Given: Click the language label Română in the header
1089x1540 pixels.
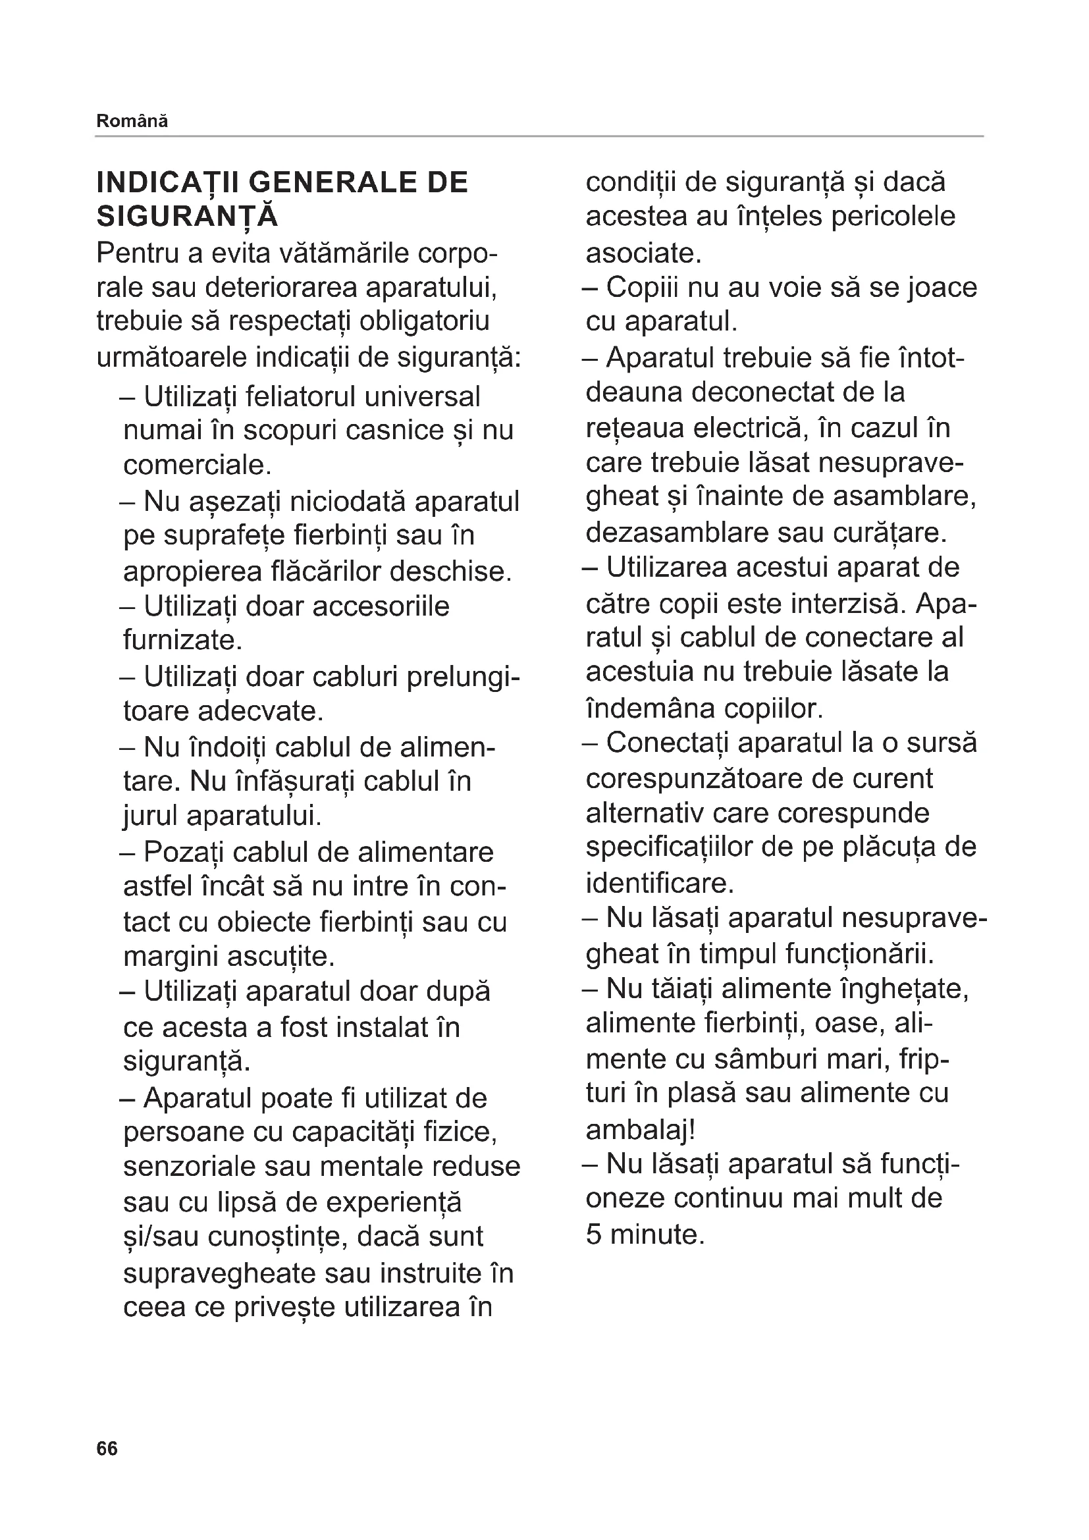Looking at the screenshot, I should [x=132, y=121].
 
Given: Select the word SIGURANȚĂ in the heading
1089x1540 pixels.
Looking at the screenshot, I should [x=187, y=217].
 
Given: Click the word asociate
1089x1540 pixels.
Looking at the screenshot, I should [x=643, y=253].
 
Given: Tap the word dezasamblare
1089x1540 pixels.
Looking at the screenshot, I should [x=677, y=533].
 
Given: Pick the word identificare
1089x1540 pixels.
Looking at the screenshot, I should [x=659, y=884].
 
